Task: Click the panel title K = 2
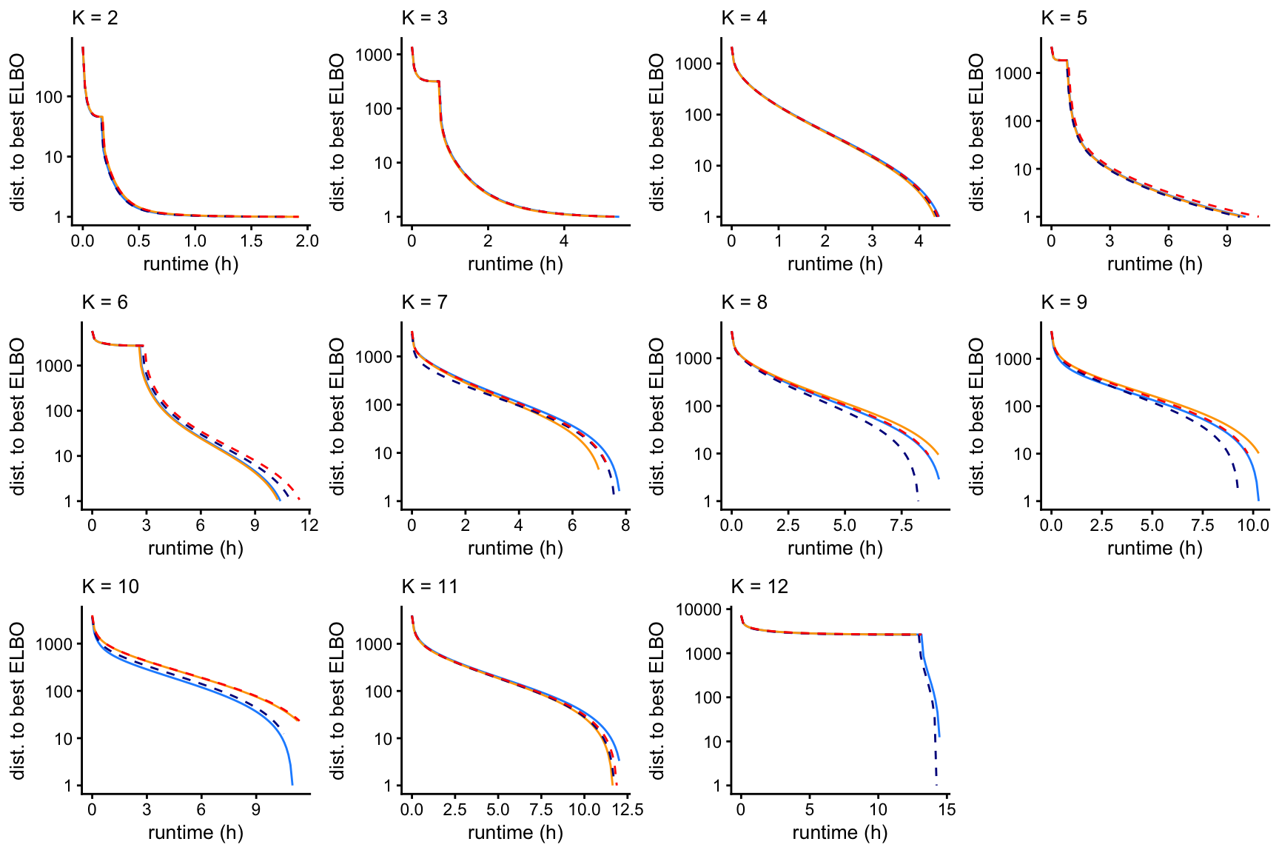coord(95,18)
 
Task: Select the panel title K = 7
coord(424,302)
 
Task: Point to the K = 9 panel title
coord(1064,302)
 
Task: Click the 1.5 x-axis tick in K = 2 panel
coord(252,241)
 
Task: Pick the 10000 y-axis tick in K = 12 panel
coord(699,609)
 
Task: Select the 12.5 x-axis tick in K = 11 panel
coord(628,809)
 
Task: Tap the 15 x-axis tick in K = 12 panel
coord(947,809)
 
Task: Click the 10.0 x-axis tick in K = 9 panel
coord(1253,525)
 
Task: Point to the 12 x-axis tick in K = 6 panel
coord(309,525)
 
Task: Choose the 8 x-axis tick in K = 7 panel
coord(625,525)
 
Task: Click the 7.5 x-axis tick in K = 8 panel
coord(901,525)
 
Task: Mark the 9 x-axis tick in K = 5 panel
coord(1226,241)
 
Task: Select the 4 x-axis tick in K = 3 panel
coord(564,241)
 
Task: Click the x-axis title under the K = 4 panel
coord(835,264)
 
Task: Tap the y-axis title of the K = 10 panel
coord(18,700)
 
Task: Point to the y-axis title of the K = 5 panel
coord(976,132)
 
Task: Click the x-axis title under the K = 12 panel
coord(839,833)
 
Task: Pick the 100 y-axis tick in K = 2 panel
coord(49,97)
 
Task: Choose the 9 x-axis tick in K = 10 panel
coord(255,809)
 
